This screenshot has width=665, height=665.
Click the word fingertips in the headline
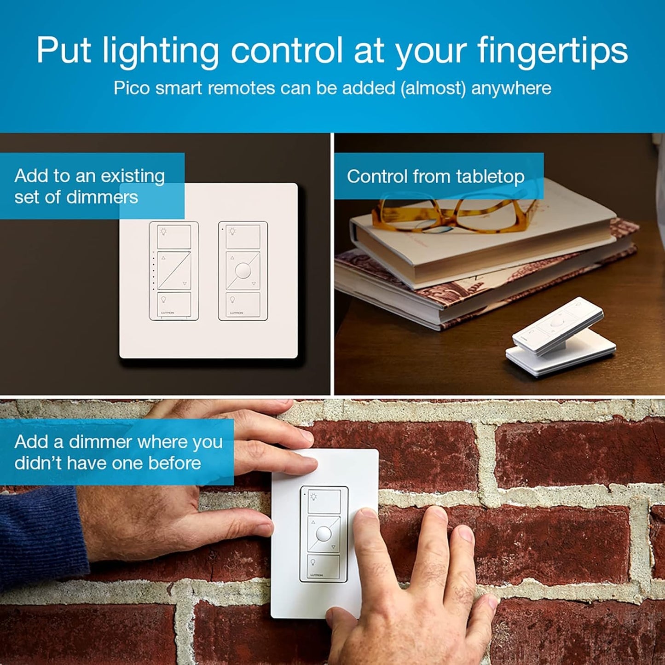click(552, 51)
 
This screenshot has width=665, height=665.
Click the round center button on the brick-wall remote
click(324, 534)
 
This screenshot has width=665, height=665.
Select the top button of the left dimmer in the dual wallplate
click(174, 237)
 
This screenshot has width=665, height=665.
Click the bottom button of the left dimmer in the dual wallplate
click(174, 303)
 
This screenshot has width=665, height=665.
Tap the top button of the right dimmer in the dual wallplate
click(243, 237)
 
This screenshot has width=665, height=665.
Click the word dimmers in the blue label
click(102, 197)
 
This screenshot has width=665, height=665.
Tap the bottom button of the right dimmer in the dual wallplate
click(243, 304)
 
